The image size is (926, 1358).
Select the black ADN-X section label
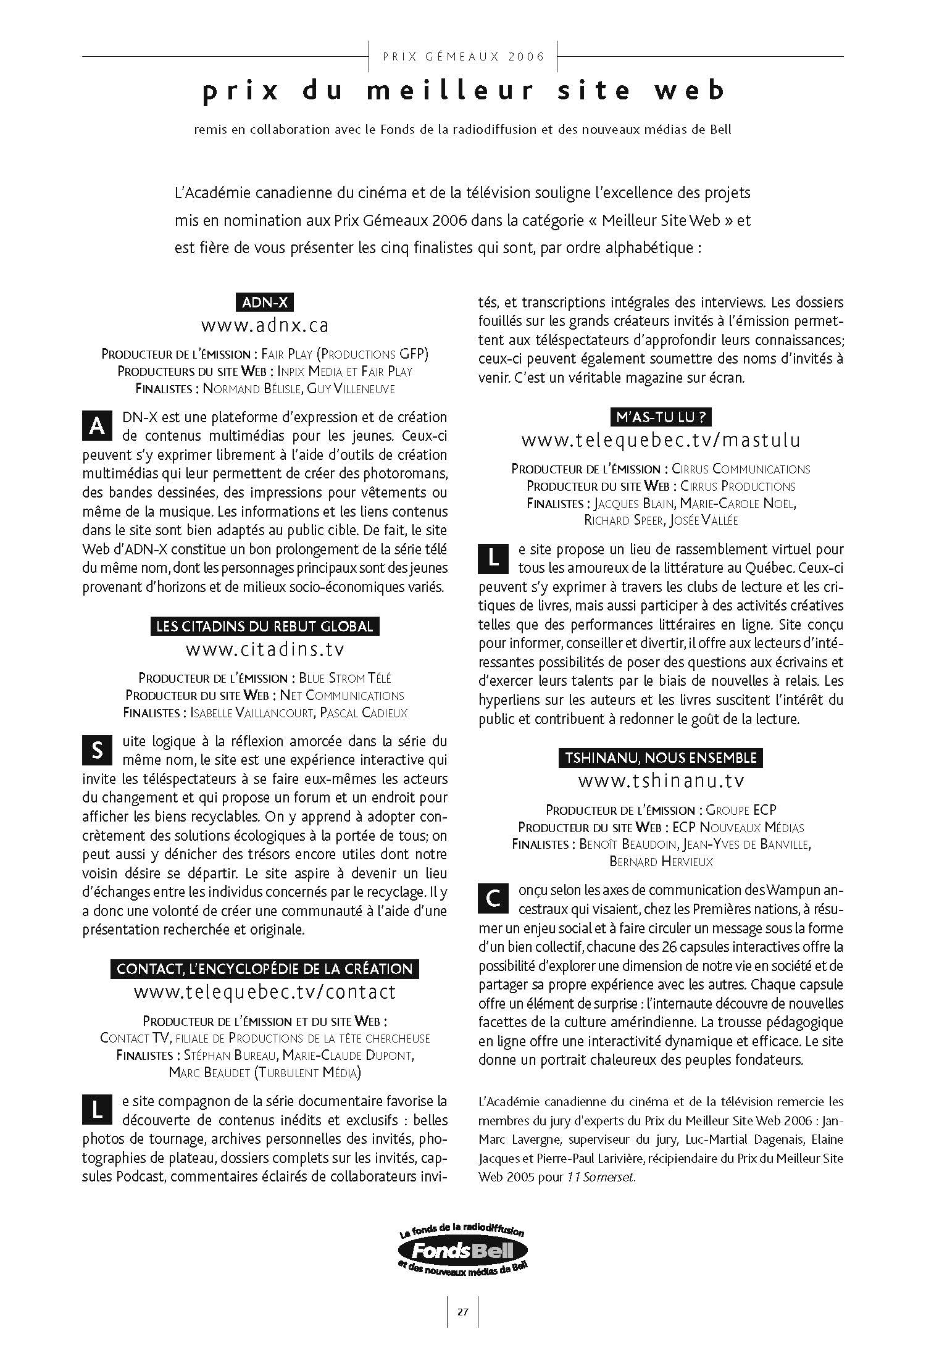pos(265,302)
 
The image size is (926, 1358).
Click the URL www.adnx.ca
pos(265,325)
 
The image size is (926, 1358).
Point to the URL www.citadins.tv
pos(265,649)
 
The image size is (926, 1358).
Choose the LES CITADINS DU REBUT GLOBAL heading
pos(265,627)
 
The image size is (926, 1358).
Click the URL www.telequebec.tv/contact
pos(265,992)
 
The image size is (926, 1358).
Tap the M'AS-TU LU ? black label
pos(661,417)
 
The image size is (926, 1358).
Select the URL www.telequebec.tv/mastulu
pos(661,440)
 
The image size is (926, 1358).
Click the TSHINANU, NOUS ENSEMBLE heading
pos(661,758)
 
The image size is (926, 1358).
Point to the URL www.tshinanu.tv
pos(661,781)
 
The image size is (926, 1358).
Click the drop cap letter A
pos(97,427)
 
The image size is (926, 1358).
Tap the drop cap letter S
pos(97,751)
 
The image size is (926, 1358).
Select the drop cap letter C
pos(493,899)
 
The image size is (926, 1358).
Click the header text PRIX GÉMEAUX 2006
pos(464,57)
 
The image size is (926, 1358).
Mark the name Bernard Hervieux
pos(661,862)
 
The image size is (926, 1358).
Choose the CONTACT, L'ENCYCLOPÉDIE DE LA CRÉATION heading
pos(265,969)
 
